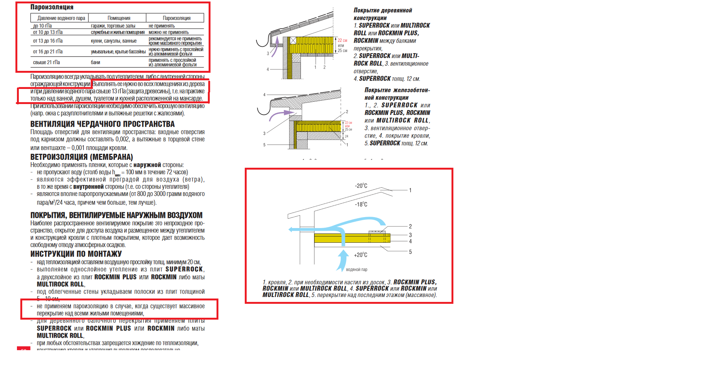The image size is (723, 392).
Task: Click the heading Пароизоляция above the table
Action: tap(52, 7)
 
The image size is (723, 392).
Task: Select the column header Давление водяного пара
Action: tap(61, 18)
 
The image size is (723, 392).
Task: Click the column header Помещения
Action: tap(119, 18)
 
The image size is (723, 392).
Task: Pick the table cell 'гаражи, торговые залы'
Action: tap(113, 26)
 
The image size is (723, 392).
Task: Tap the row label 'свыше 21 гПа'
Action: tap(46, 62)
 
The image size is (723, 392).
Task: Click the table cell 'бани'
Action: tap(96, 62)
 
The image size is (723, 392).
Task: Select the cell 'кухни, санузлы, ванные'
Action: tap(114, 41)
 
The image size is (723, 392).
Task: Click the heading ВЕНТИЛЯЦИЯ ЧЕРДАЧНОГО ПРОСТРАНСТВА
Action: tap(102, 124)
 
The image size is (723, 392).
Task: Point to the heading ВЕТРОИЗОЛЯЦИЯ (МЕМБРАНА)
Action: tap(82, 157)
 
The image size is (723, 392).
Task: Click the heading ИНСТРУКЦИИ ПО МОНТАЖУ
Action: tap(76, 254)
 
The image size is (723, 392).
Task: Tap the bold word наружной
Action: tap(147, 165)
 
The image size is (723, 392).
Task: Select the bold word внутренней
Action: tap(88, 187)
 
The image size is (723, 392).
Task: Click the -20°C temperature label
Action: tap(361, 186)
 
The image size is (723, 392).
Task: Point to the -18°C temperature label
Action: tap(361, 204)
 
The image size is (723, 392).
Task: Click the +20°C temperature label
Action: tap(360, 255)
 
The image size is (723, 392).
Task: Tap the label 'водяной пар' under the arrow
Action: tap(357, 269)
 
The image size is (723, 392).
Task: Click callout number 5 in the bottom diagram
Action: tap(410, 252)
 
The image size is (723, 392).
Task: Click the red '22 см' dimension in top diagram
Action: tap(342, 40)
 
